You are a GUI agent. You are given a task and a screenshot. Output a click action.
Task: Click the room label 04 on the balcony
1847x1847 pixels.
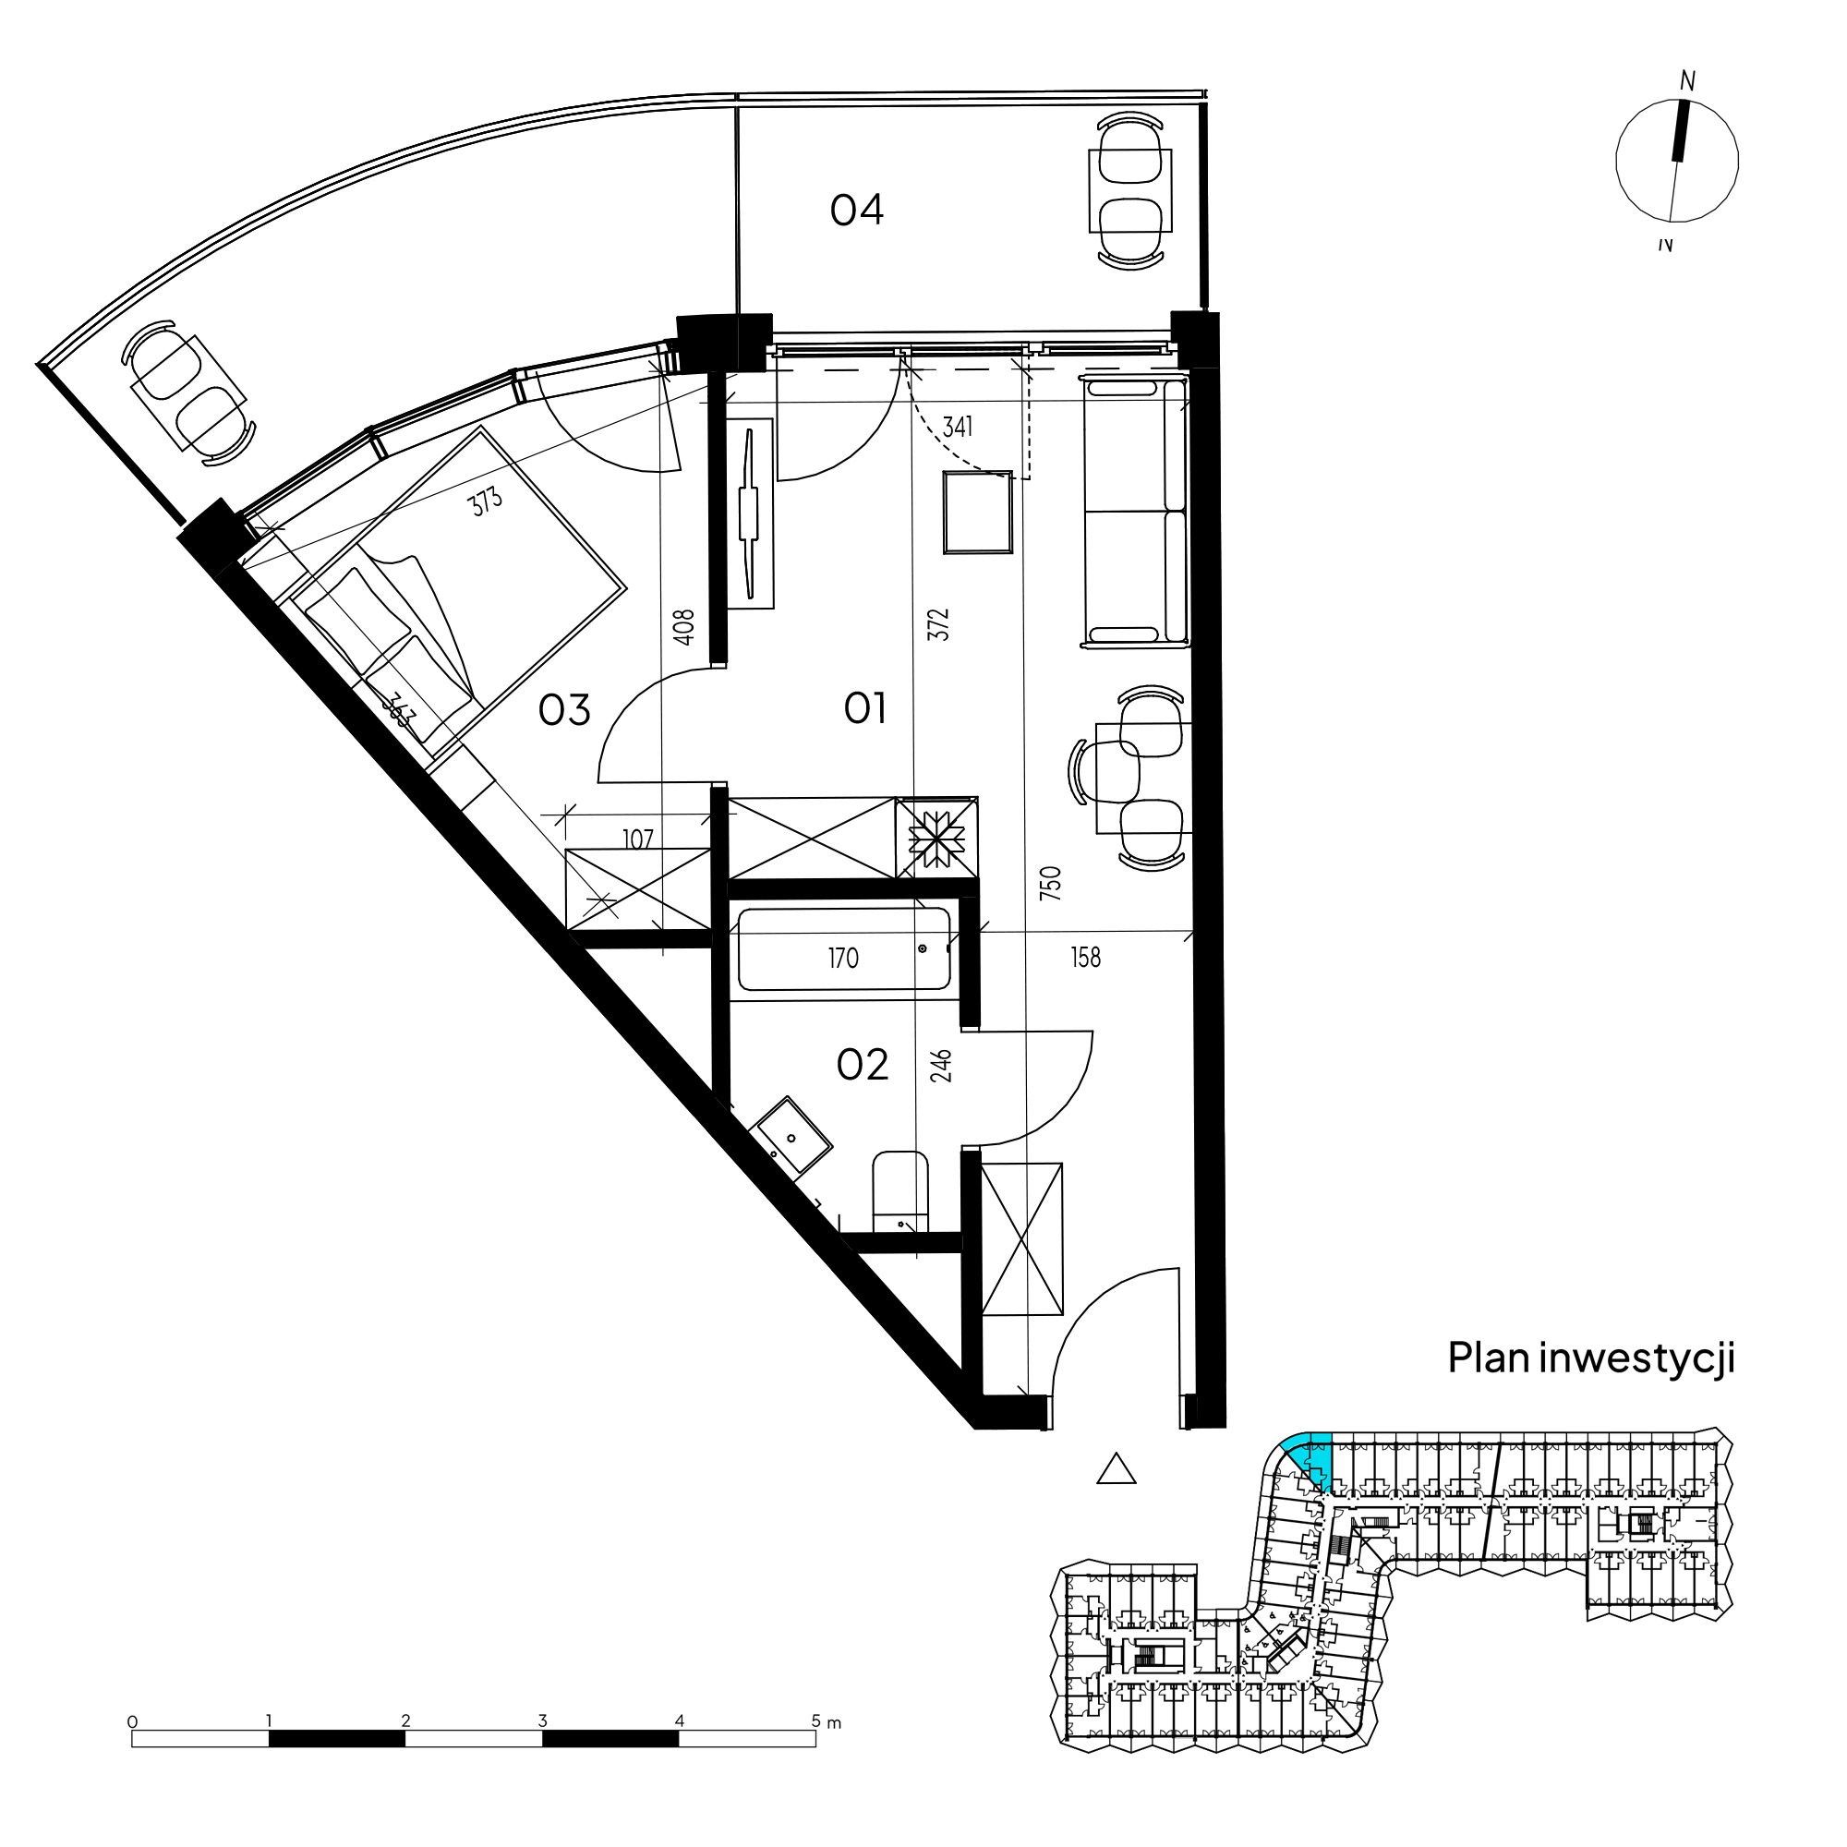tap(857, 211)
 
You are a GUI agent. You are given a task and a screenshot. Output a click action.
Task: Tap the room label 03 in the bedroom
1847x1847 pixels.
tap(564, 710)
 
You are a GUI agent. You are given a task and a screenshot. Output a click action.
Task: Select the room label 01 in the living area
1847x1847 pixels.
tap(865, 708)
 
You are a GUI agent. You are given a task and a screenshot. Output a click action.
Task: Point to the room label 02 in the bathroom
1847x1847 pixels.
tap(863, 1064)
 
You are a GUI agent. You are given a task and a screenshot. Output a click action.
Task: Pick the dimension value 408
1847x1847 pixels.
tap(683, 627)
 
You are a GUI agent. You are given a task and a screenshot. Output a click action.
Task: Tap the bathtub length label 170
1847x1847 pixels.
tap(843, 958)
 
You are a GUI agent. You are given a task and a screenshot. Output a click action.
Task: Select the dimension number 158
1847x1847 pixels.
tap(1085, 957)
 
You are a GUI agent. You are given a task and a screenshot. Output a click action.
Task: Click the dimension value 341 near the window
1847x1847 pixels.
tap(957, 427)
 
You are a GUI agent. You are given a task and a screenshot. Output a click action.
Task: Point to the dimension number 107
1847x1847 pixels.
tap(637, 839)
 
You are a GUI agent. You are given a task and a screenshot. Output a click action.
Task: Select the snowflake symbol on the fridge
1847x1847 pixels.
tap(936, 839)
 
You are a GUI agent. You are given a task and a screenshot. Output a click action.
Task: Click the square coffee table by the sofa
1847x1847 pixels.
tap(978, 513)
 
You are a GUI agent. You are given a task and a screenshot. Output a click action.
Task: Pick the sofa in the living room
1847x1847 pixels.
tap(1135, 512)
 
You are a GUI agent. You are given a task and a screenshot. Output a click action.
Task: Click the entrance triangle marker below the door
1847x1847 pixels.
tap(1116, 1469)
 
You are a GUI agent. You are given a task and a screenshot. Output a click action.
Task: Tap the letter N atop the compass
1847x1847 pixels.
tap(1687, 81)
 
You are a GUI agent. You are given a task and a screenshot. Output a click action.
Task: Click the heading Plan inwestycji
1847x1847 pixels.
tap(1591, 1358)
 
